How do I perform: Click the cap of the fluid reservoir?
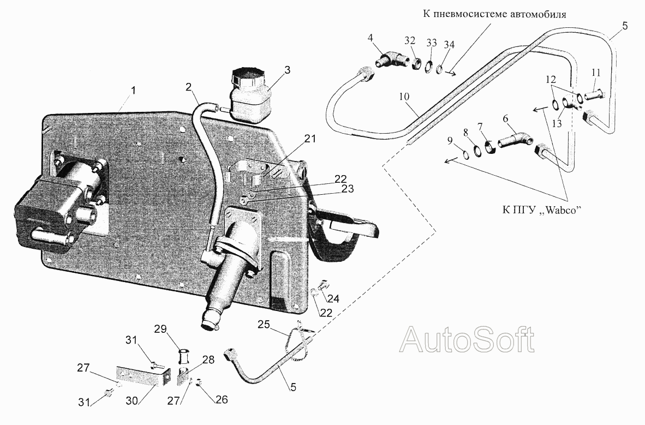247,76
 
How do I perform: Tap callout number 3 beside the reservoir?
287,70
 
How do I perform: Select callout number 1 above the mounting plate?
133,91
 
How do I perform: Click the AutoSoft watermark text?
467,339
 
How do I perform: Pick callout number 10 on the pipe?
404,97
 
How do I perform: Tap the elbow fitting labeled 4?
391,59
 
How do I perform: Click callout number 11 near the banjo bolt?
596,73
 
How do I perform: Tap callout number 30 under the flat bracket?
132,400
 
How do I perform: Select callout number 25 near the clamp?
264,325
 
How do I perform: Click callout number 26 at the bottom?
222,399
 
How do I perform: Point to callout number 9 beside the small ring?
450,141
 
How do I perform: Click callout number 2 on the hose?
188,87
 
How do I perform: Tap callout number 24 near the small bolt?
333,298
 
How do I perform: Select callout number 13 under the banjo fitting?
557,124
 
